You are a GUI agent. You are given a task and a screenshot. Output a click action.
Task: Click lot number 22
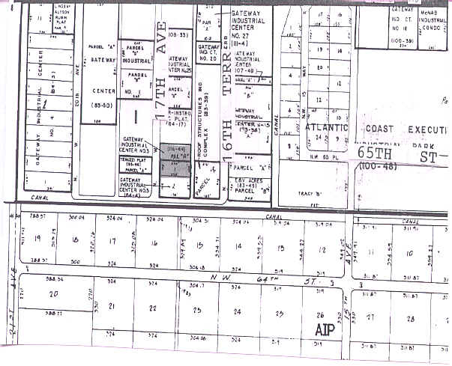(x=153, y=308)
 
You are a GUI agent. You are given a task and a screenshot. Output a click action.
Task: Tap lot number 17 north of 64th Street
(x=112, y=241)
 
